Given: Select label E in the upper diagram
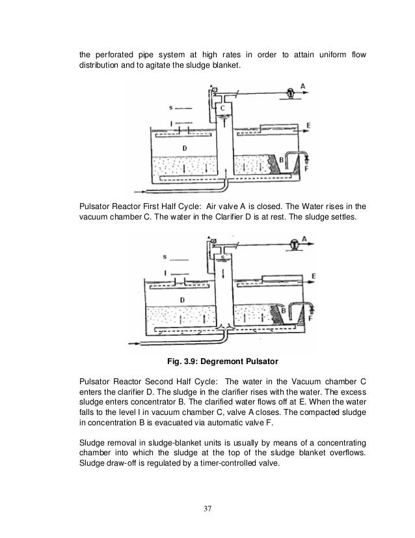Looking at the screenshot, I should point(307,124).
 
